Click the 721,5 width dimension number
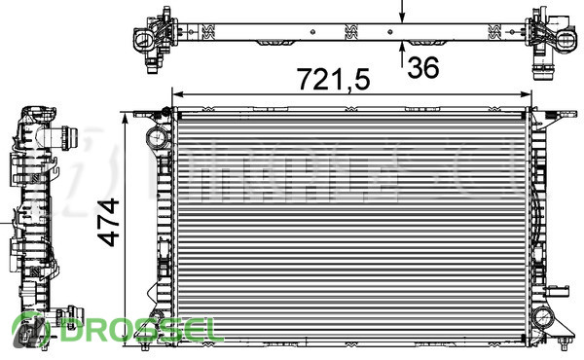click(x=333, y=79)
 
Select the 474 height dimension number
click(x=108, y=223)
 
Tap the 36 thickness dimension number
click(x=423, y=68)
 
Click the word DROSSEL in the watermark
click(x=137, y=331)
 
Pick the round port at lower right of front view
click(x=543, y=317)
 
